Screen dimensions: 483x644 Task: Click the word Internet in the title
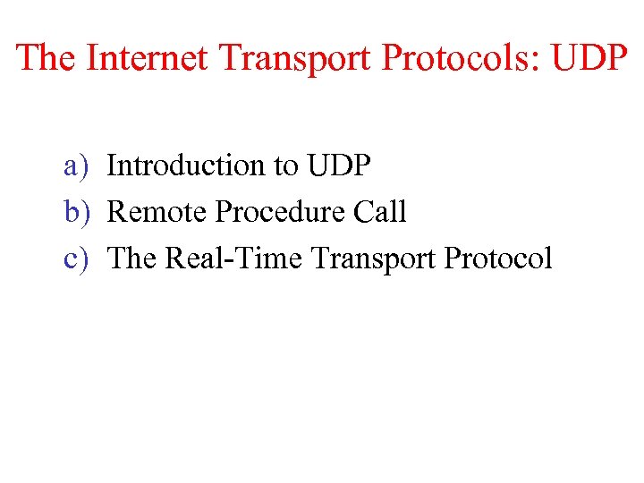(148, 57)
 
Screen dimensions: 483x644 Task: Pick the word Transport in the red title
(298, 57)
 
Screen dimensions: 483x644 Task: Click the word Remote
(157, 212)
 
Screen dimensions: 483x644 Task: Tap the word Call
(380, 212)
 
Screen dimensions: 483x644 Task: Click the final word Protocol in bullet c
(498, 258)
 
